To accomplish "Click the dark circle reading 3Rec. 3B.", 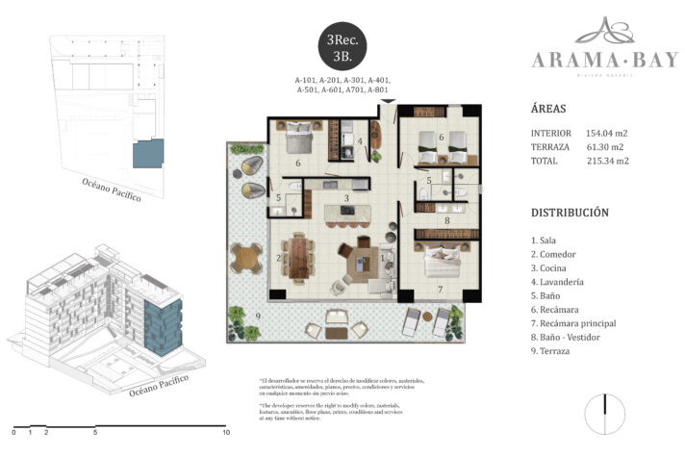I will tap(343, 45).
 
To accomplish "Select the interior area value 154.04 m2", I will tap(605, 133).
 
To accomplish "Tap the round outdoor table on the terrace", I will tap(247, 258).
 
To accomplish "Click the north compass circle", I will tap(605, 416).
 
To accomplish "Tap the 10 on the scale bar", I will tap(225, 433).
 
